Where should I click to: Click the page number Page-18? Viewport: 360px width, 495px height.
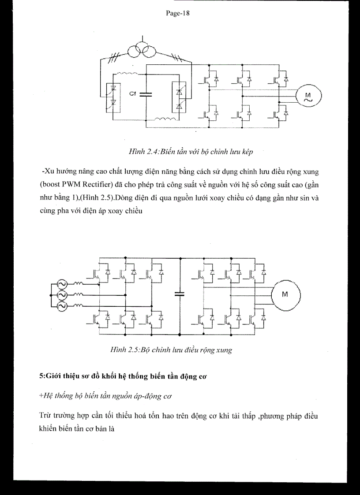click(177, 13)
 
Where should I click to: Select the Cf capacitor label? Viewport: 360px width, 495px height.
click(132, 94)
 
